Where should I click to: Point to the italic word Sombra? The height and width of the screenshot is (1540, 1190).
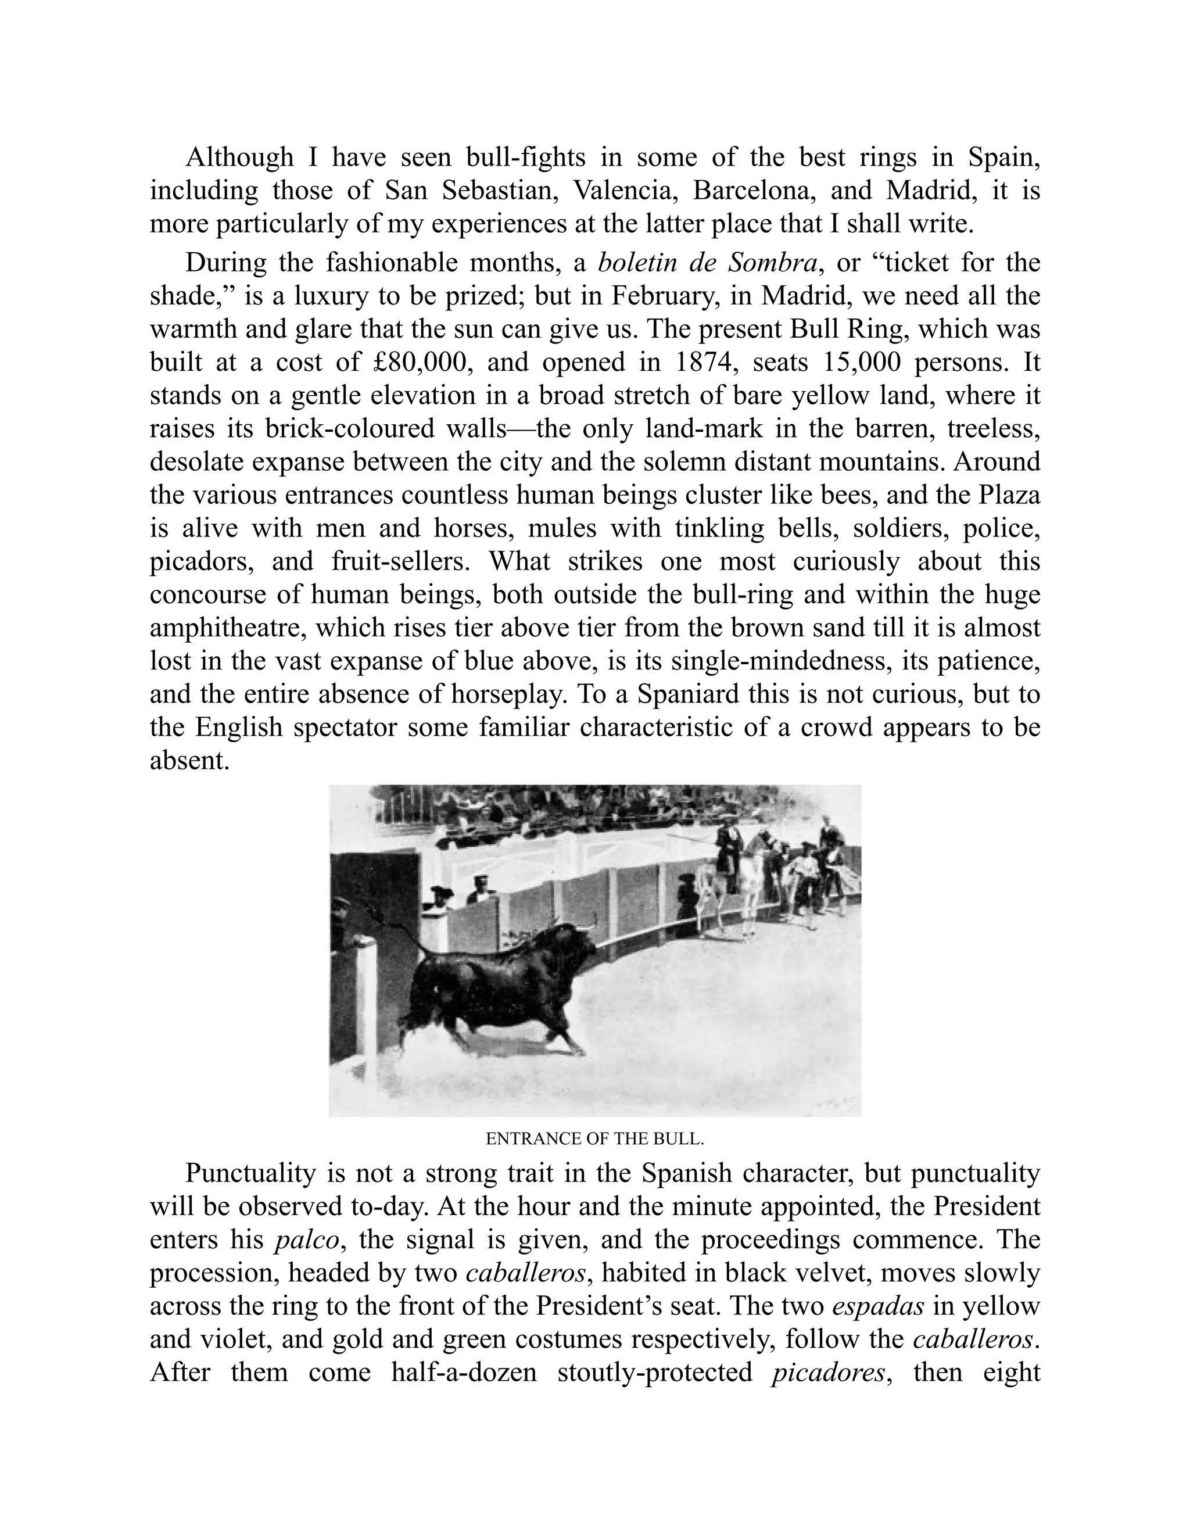(x=772, y=263)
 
